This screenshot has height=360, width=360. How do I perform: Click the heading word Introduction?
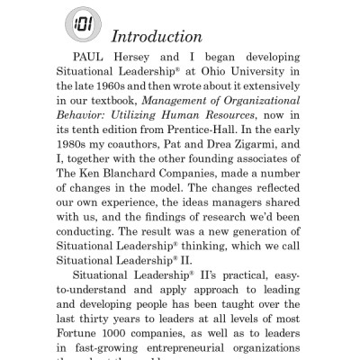(155, 38)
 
